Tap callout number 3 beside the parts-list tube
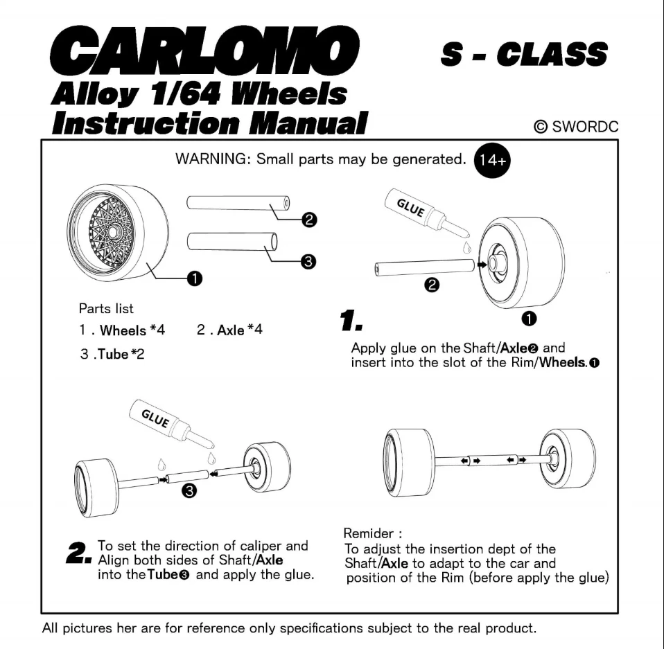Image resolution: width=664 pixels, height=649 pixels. click(x=309, y=261)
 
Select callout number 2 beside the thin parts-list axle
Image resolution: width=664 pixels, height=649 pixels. click(x=309, y=221)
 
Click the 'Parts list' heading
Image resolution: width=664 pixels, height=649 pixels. click(x=106, y=309)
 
